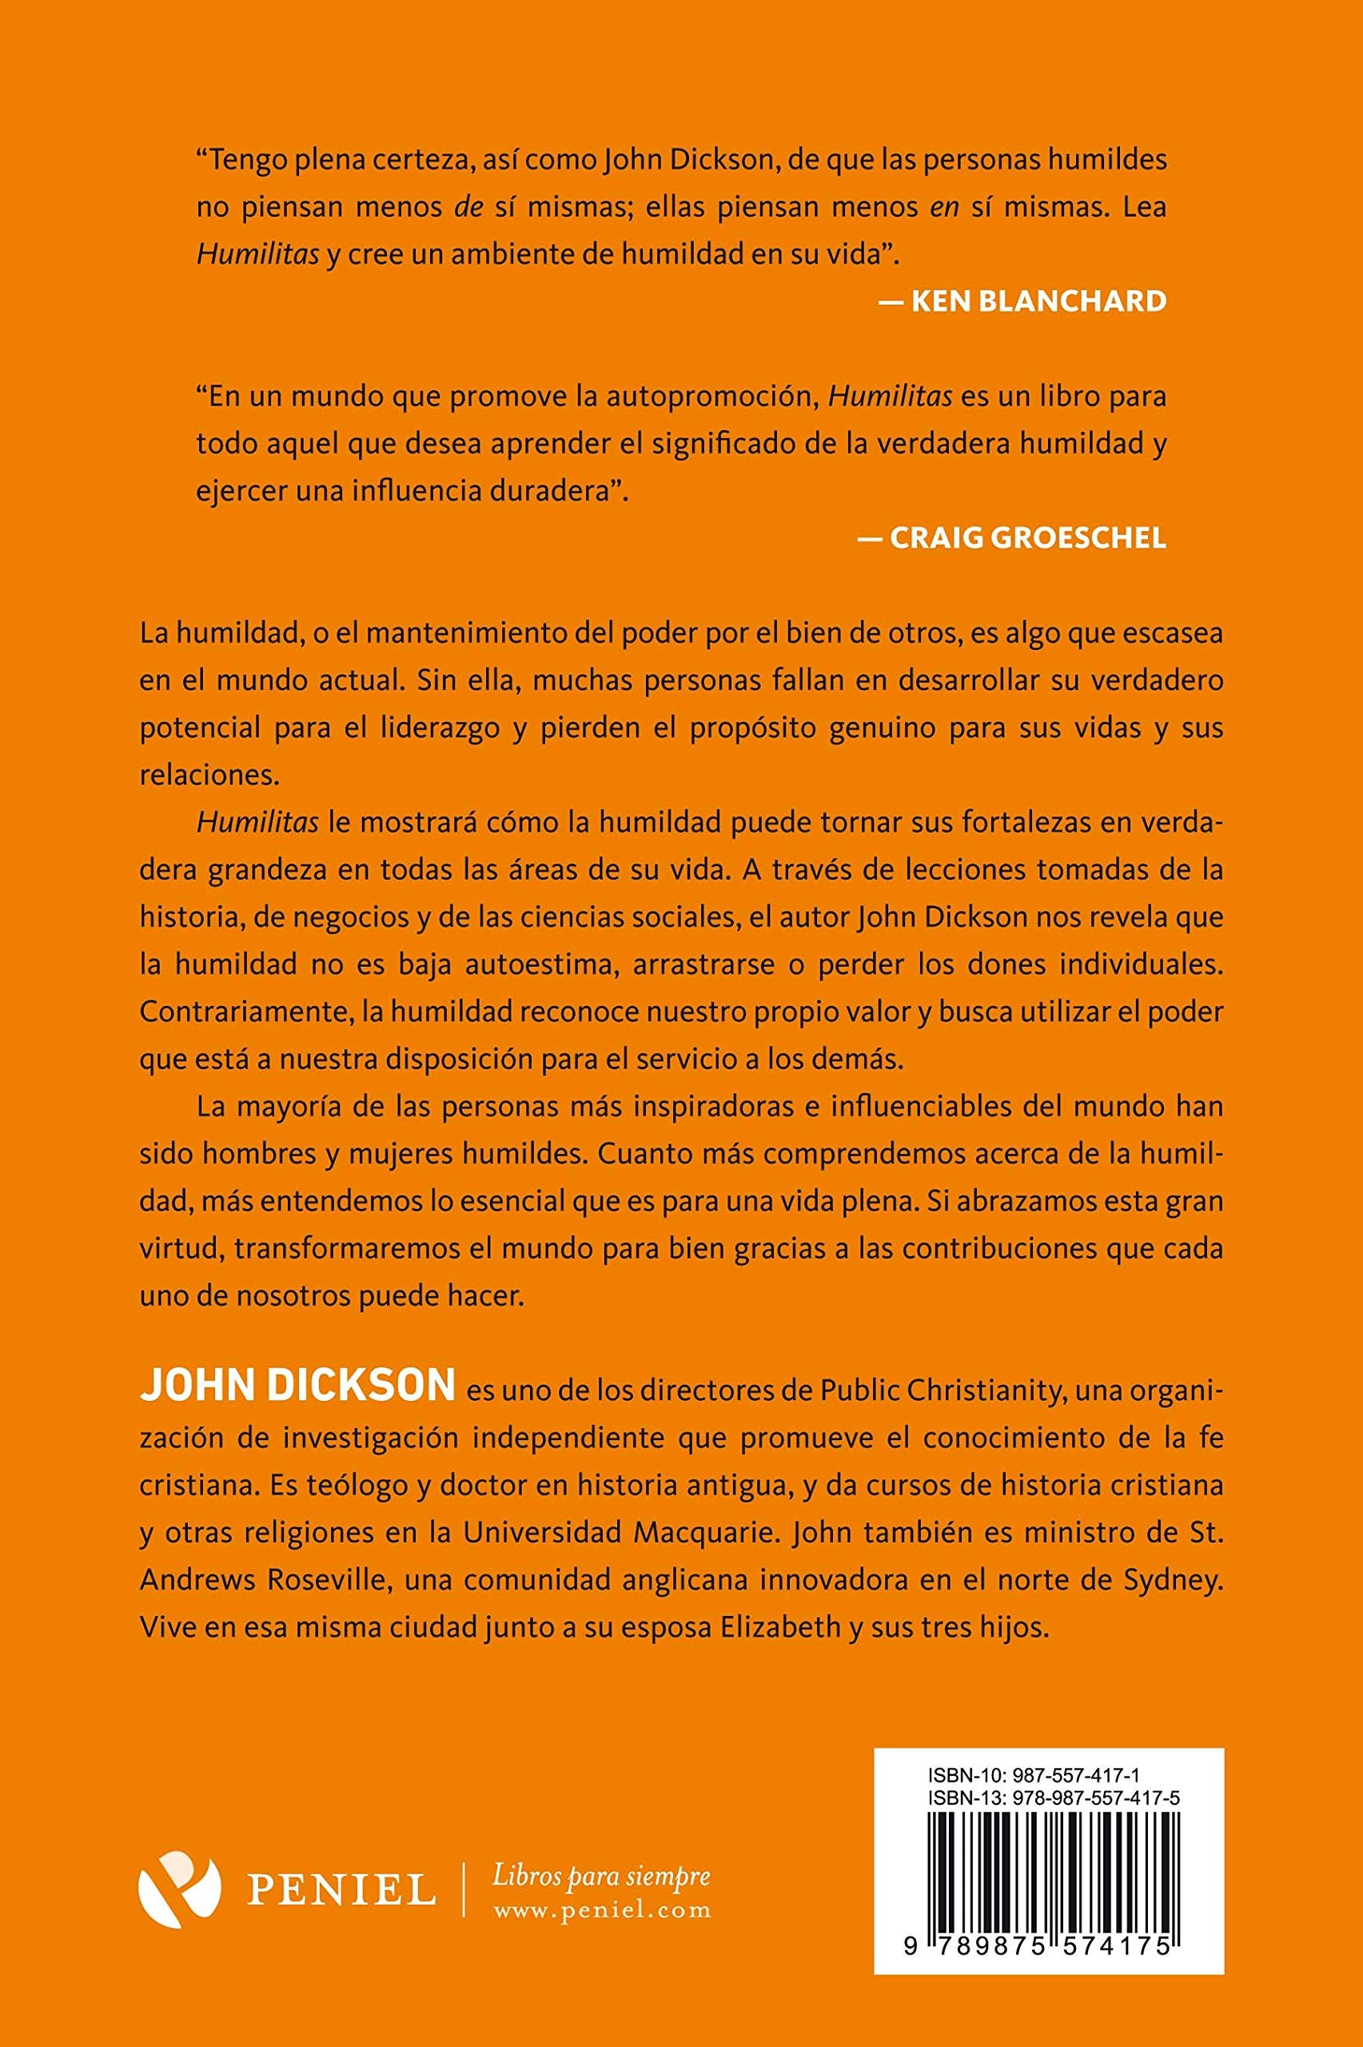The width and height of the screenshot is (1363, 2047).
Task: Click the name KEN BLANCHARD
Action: [1038, 301]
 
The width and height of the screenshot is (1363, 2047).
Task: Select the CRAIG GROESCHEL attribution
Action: [1027, 538]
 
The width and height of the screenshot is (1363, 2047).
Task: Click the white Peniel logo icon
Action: [179, 1889]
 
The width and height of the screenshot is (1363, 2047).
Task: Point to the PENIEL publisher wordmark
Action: [341, 1889]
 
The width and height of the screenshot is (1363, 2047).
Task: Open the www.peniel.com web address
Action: [601, 1910]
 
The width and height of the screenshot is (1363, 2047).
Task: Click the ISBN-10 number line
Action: [1034, 1774]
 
